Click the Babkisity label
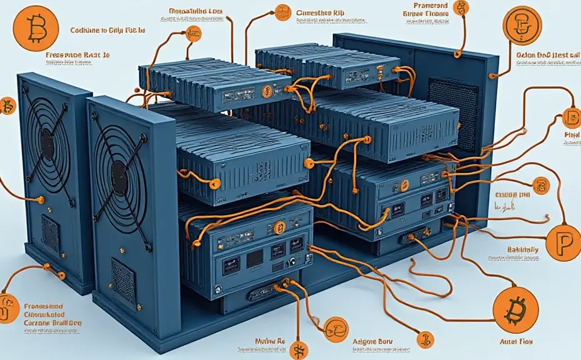(x=523, y=251)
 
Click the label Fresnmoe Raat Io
(x=78, y=55)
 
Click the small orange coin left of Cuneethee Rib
(x=282, y=11)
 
